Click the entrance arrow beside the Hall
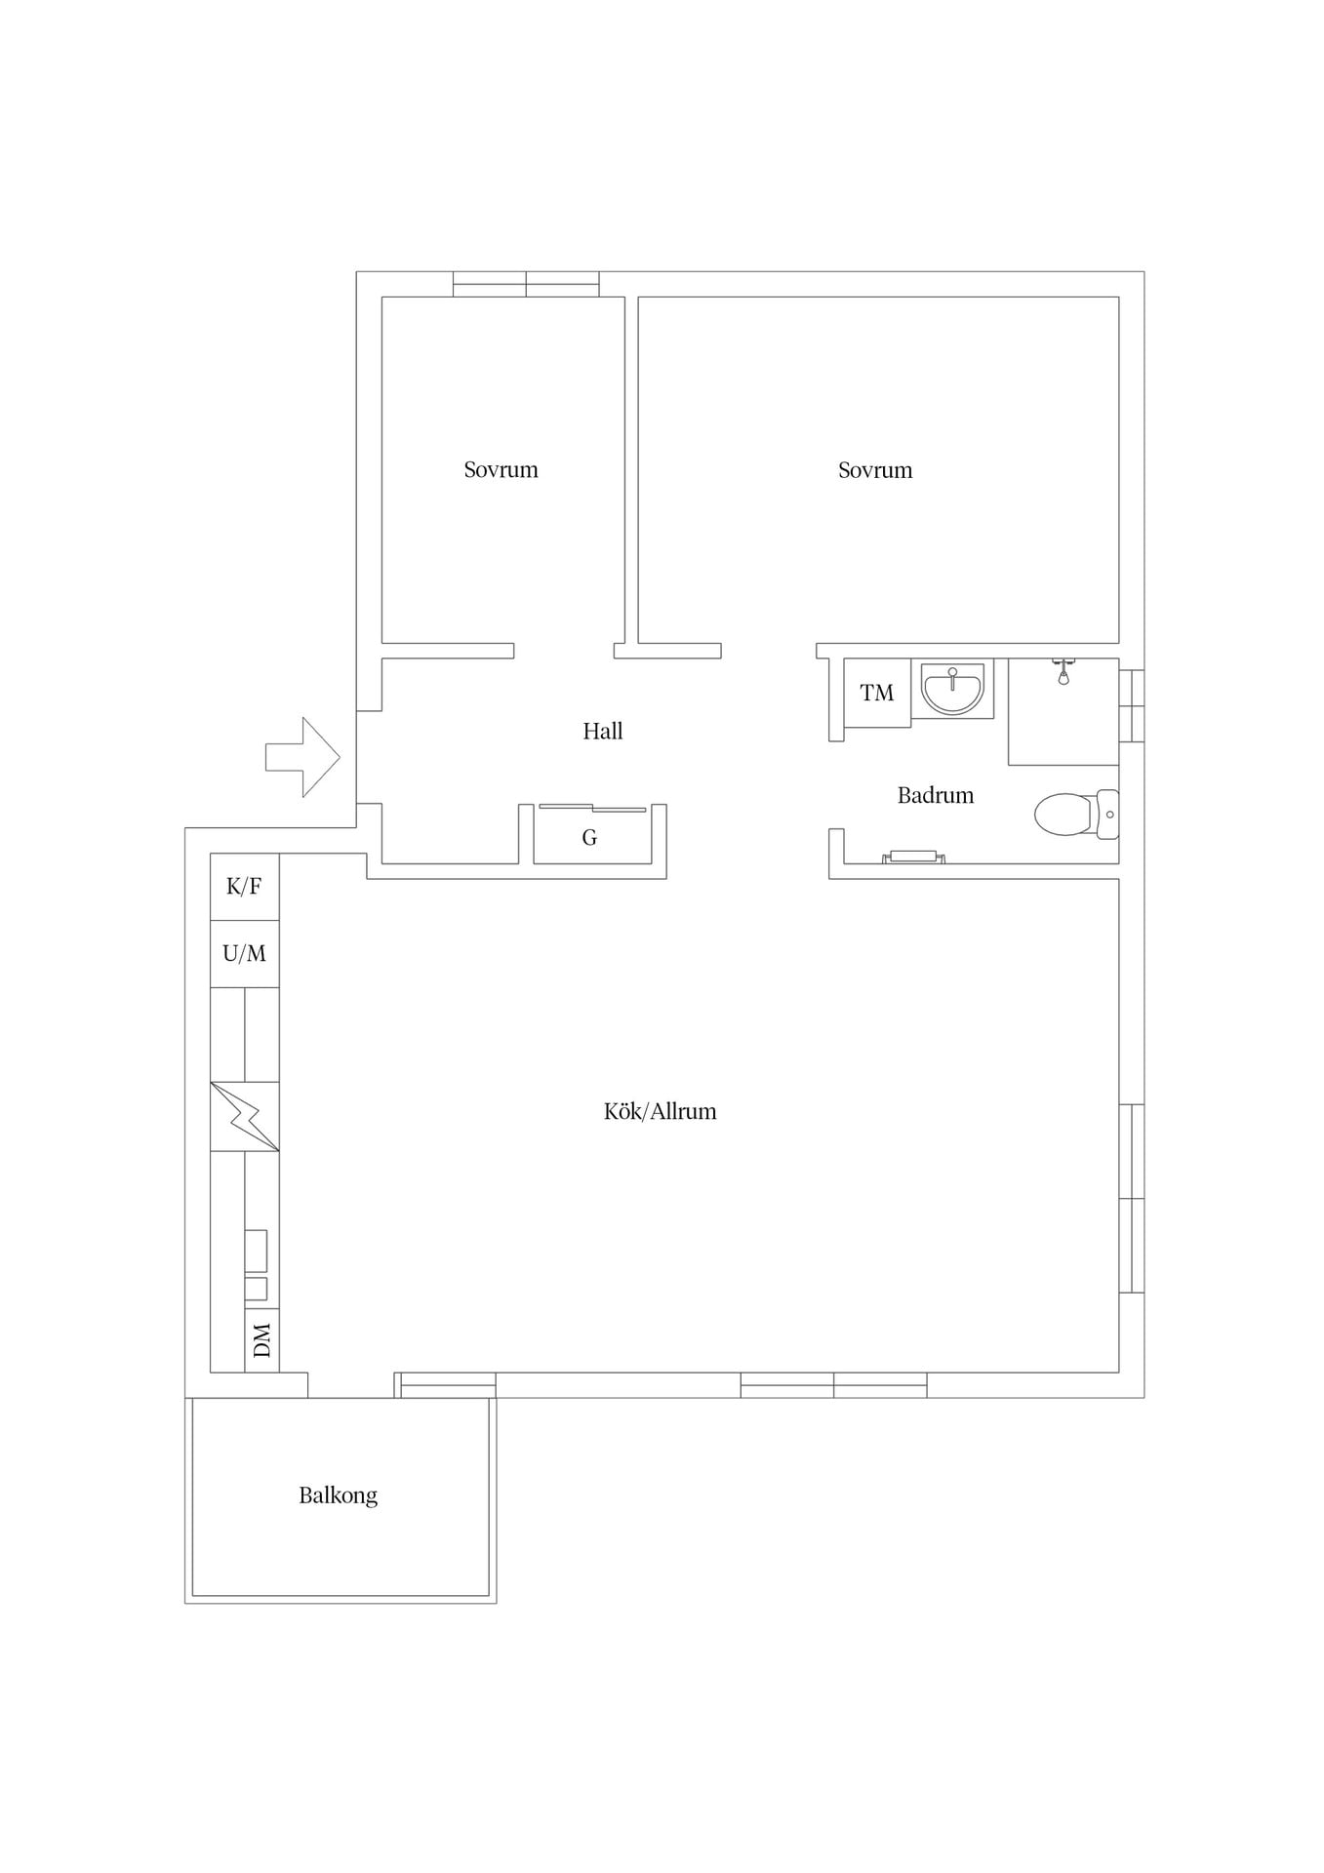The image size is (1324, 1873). click(x=302, y=757)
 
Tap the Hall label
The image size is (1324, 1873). click(x=603, y=731)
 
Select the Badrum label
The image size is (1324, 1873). click(x=936, y=795)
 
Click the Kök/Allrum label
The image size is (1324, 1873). click(x=661, y=1111)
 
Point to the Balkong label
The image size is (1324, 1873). click(x=339, y=1494)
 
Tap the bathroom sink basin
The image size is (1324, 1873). click(x=952, y=689)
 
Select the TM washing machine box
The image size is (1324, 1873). click(x=877, y=693)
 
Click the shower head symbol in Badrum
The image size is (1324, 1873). click(x=1063, y=672)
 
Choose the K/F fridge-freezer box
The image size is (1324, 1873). click(x=245, y=887)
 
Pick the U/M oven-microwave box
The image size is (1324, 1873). click(x=245, y=954)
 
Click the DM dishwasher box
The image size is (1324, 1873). click(x=261, y=1340)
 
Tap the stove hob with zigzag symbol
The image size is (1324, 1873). click(x=245, y=1116)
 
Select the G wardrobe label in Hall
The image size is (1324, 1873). click(x=589, y=837)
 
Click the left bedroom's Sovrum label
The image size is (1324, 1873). click(x=502, y=469)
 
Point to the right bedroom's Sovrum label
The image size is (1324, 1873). click(x=875, y=469)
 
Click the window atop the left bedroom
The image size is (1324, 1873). click(x=526, y=284)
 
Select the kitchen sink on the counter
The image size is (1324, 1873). click(x=256, y=1265)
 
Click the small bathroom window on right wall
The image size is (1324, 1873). click(x=1132, y=705)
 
